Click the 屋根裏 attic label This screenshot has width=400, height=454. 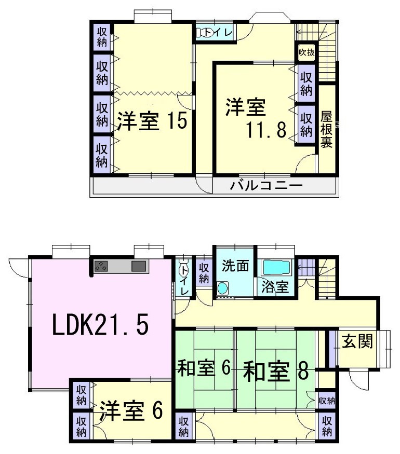[326, 129]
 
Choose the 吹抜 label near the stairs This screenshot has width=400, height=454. [306, 52]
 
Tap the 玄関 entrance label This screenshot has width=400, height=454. [357, 341]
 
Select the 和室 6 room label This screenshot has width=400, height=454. [203, 369]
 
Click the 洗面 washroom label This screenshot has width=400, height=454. [235, 266]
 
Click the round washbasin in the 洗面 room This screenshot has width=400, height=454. [223, 288]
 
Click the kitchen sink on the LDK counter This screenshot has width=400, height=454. [139, 267]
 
